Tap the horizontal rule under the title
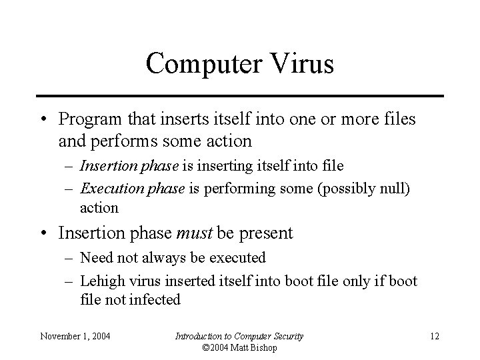click(x=240, y=96)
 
